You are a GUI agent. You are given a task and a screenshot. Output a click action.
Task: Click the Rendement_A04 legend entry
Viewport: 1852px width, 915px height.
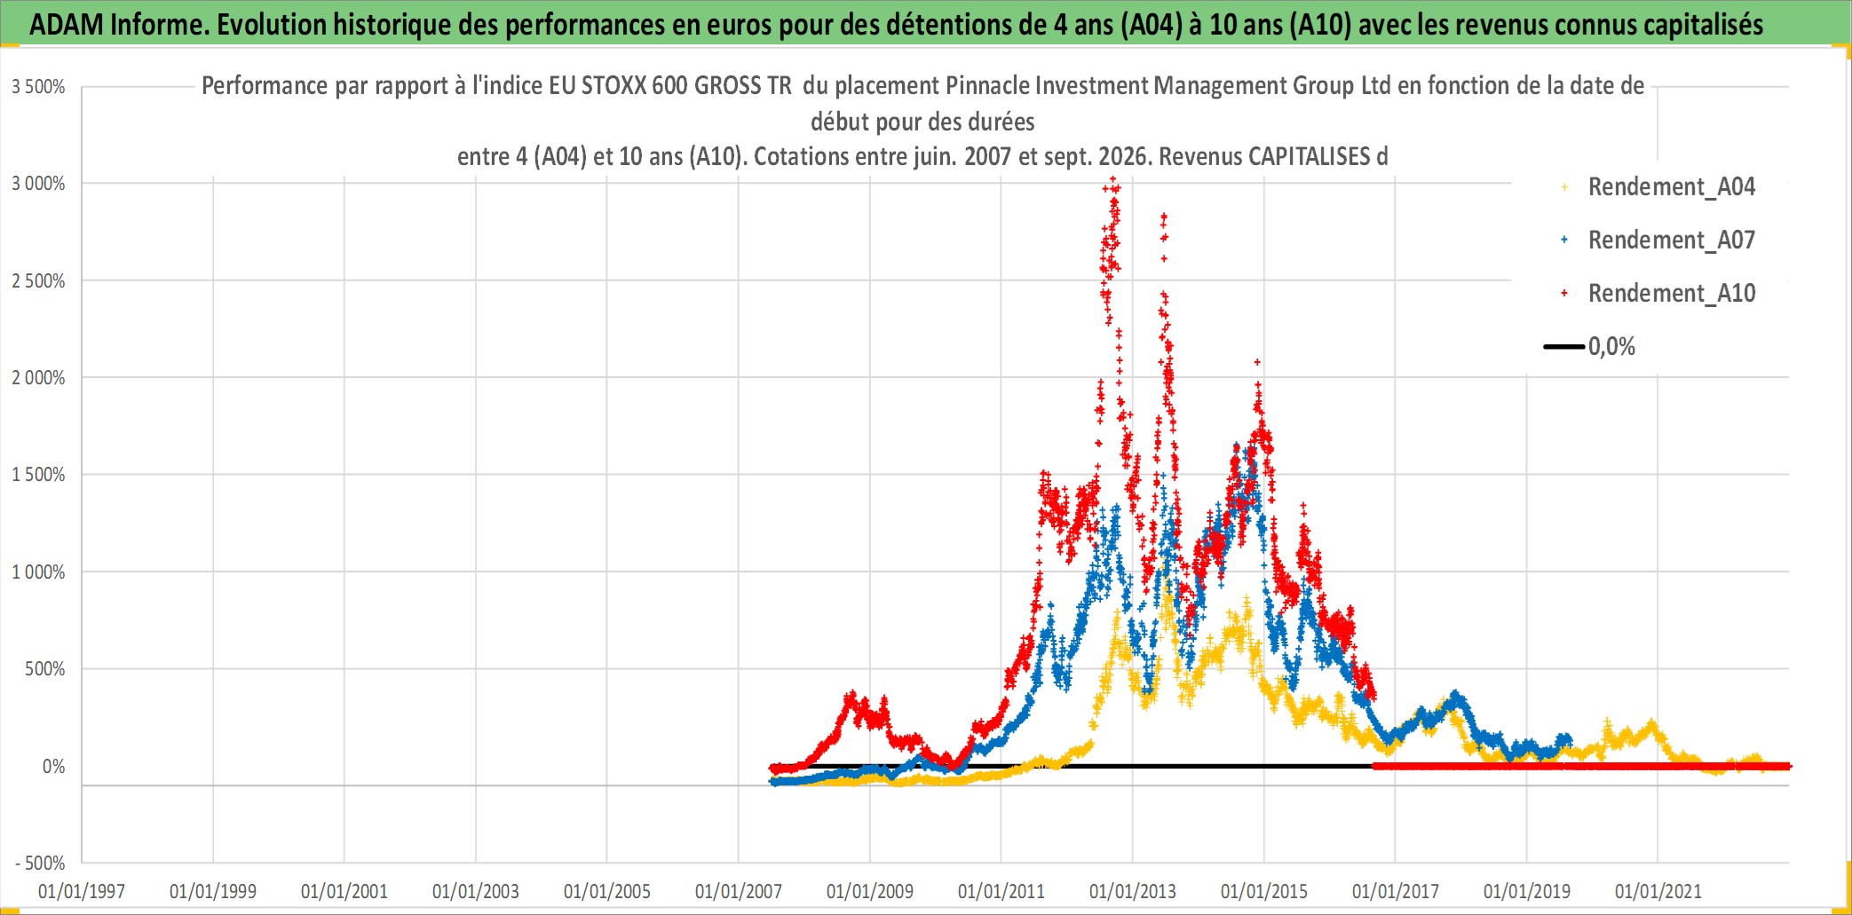point(1658,187)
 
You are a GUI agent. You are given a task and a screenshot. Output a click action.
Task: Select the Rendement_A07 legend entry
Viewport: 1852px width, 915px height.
point(1658,241)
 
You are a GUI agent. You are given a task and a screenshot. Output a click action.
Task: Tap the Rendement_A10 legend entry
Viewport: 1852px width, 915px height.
point(1658,294)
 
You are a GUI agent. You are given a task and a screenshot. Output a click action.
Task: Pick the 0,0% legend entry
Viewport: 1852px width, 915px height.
point(1590,346)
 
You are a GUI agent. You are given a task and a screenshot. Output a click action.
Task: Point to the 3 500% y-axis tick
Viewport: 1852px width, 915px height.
point(38,87)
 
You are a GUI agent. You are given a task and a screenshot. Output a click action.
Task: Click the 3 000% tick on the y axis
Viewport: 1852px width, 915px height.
point(38,184)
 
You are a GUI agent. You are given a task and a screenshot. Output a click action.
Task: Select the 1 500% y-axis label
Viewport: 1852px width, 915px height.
point(38,475)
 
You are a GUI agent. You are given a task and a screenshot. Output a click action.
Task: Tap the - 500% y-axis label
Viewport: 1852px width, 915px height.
point(40,863)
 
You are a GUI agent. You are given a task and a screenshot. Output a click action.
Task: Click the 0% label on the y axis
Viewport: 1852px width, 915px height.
point(53,766)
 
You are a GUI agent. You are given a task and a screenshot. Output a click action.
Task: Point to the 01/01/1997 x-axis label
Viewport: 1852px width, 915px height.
point(82,891)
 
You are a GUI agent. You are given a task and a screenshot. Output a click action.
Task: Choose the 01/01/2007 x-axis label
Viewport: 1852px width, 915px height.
point(739,891)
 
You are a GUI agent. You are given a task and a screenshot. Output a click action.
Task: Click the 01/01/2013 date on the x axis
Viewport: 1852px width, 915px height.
point(1133,891)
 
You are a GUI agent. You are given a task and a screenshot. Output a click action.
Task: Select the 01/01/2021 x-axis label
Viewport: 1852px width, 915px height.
point(1658,891)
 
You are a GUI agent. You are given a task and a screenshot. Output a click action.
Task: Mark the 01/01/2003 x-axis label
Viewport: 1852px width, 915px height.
point(476,891)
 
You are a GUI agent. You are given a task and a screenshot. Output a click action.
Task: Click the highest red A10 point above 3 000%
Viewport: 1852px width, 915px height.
point(1113,180)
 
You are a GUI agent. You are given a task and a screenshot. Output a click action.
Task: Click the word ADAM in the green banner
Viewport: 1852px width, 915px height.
point(67,25)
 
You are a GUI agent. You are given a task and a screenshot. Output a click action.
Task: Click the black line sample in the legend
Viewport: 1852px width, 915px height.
point(1564,346)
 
